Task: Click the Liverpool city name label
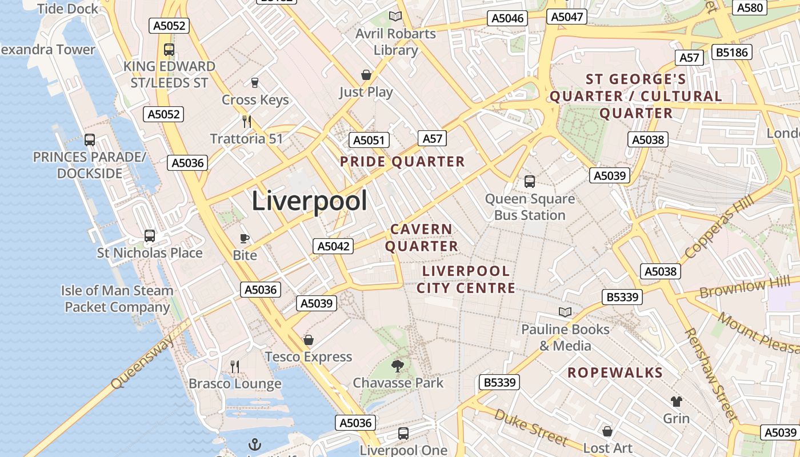(309, 201)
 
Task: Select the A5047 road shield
(567, 17)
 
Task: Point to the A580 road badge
(750, 7)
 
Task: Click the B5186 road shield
(732, 53)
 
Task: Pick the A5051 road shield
(369, 140)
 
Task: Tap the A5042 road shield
(333, 246)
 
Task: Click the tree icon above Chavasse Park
(398, 366)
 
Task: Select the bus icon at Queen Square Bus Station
(530, 182)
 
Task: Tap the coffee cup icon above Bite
(245, 238)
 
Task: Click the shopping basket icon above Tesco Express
(309, 340)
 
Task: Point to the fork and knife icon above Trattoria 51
(247, 121)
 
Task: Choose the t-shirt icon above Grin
(677, 401)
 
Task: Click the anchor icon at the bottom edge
(254, 444)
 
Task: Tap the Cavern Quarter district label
(422, 238)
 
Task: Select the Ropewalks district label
(615, 373)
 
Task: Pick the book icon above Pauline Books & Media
(565, 312)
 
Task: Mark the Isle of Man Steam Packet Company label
(117, 299)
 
